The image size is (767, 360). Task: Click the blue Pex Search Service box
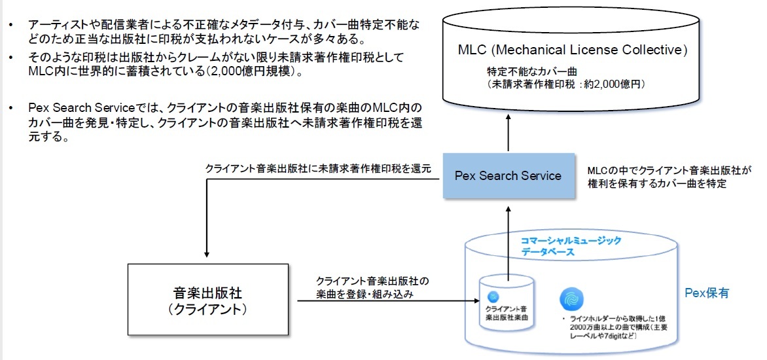point(508,175)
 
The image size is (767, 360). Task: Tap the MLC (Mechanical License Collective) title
point(573,50)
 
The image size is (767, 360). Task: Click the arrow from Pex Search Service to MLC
point(508,134)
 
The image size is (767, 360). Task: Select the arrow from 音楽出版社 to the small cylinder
point(386,301)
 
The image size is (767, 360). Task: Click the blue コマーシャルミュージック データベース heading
point(570,246)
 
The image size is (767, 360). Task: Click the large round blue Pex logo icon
point(571,299)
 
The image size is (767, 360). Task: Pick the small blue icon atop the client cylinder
point(493,295)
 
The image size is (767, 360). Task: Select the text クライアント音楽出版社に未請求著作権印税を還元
point(318,168)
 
